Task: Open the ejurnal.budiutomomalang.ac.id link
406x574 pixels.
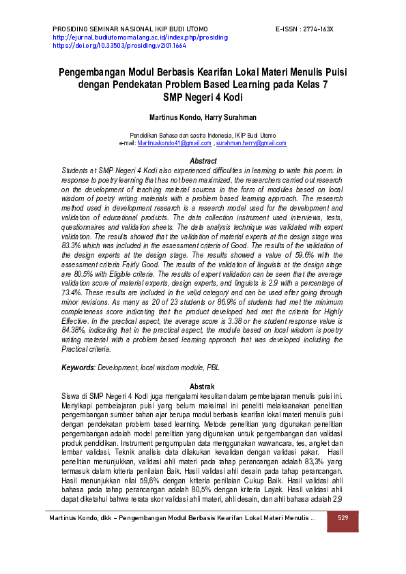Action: pos(140,37)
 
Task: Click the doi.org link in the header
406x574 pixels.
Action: pos(119,46)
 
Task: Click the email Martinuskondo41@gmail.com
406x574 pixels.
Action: pos(174,144)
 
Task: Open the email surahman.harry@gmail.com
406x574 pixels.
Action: pos(250,144)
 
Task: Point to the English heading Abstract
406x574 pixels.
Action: pos(203,161)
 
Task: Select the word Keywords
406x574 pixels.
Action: pos(77,367)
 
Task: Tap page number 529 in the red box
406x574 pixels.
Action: pos(343,519)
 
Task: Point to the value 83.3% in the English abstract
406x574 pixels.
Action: pos(72,243)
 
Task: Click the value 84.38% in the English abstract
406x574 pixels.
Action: pos(73,331)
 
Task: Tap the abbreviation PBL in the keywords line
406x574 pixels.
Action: pos(214,367)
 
